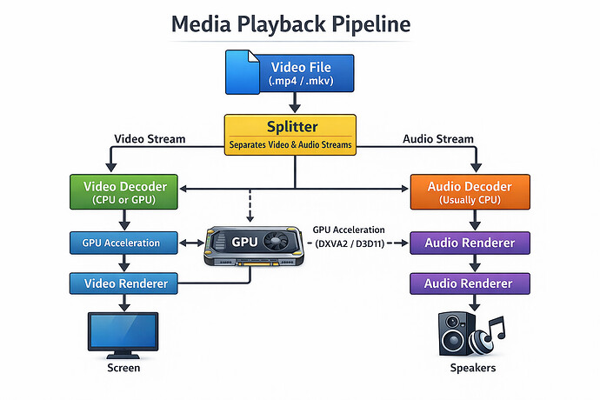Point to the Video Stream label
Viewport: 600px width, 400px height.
150,139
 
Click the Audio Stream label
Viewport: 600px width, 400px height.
438,139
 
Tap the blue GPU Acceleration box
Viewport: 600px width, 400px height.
121,243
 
